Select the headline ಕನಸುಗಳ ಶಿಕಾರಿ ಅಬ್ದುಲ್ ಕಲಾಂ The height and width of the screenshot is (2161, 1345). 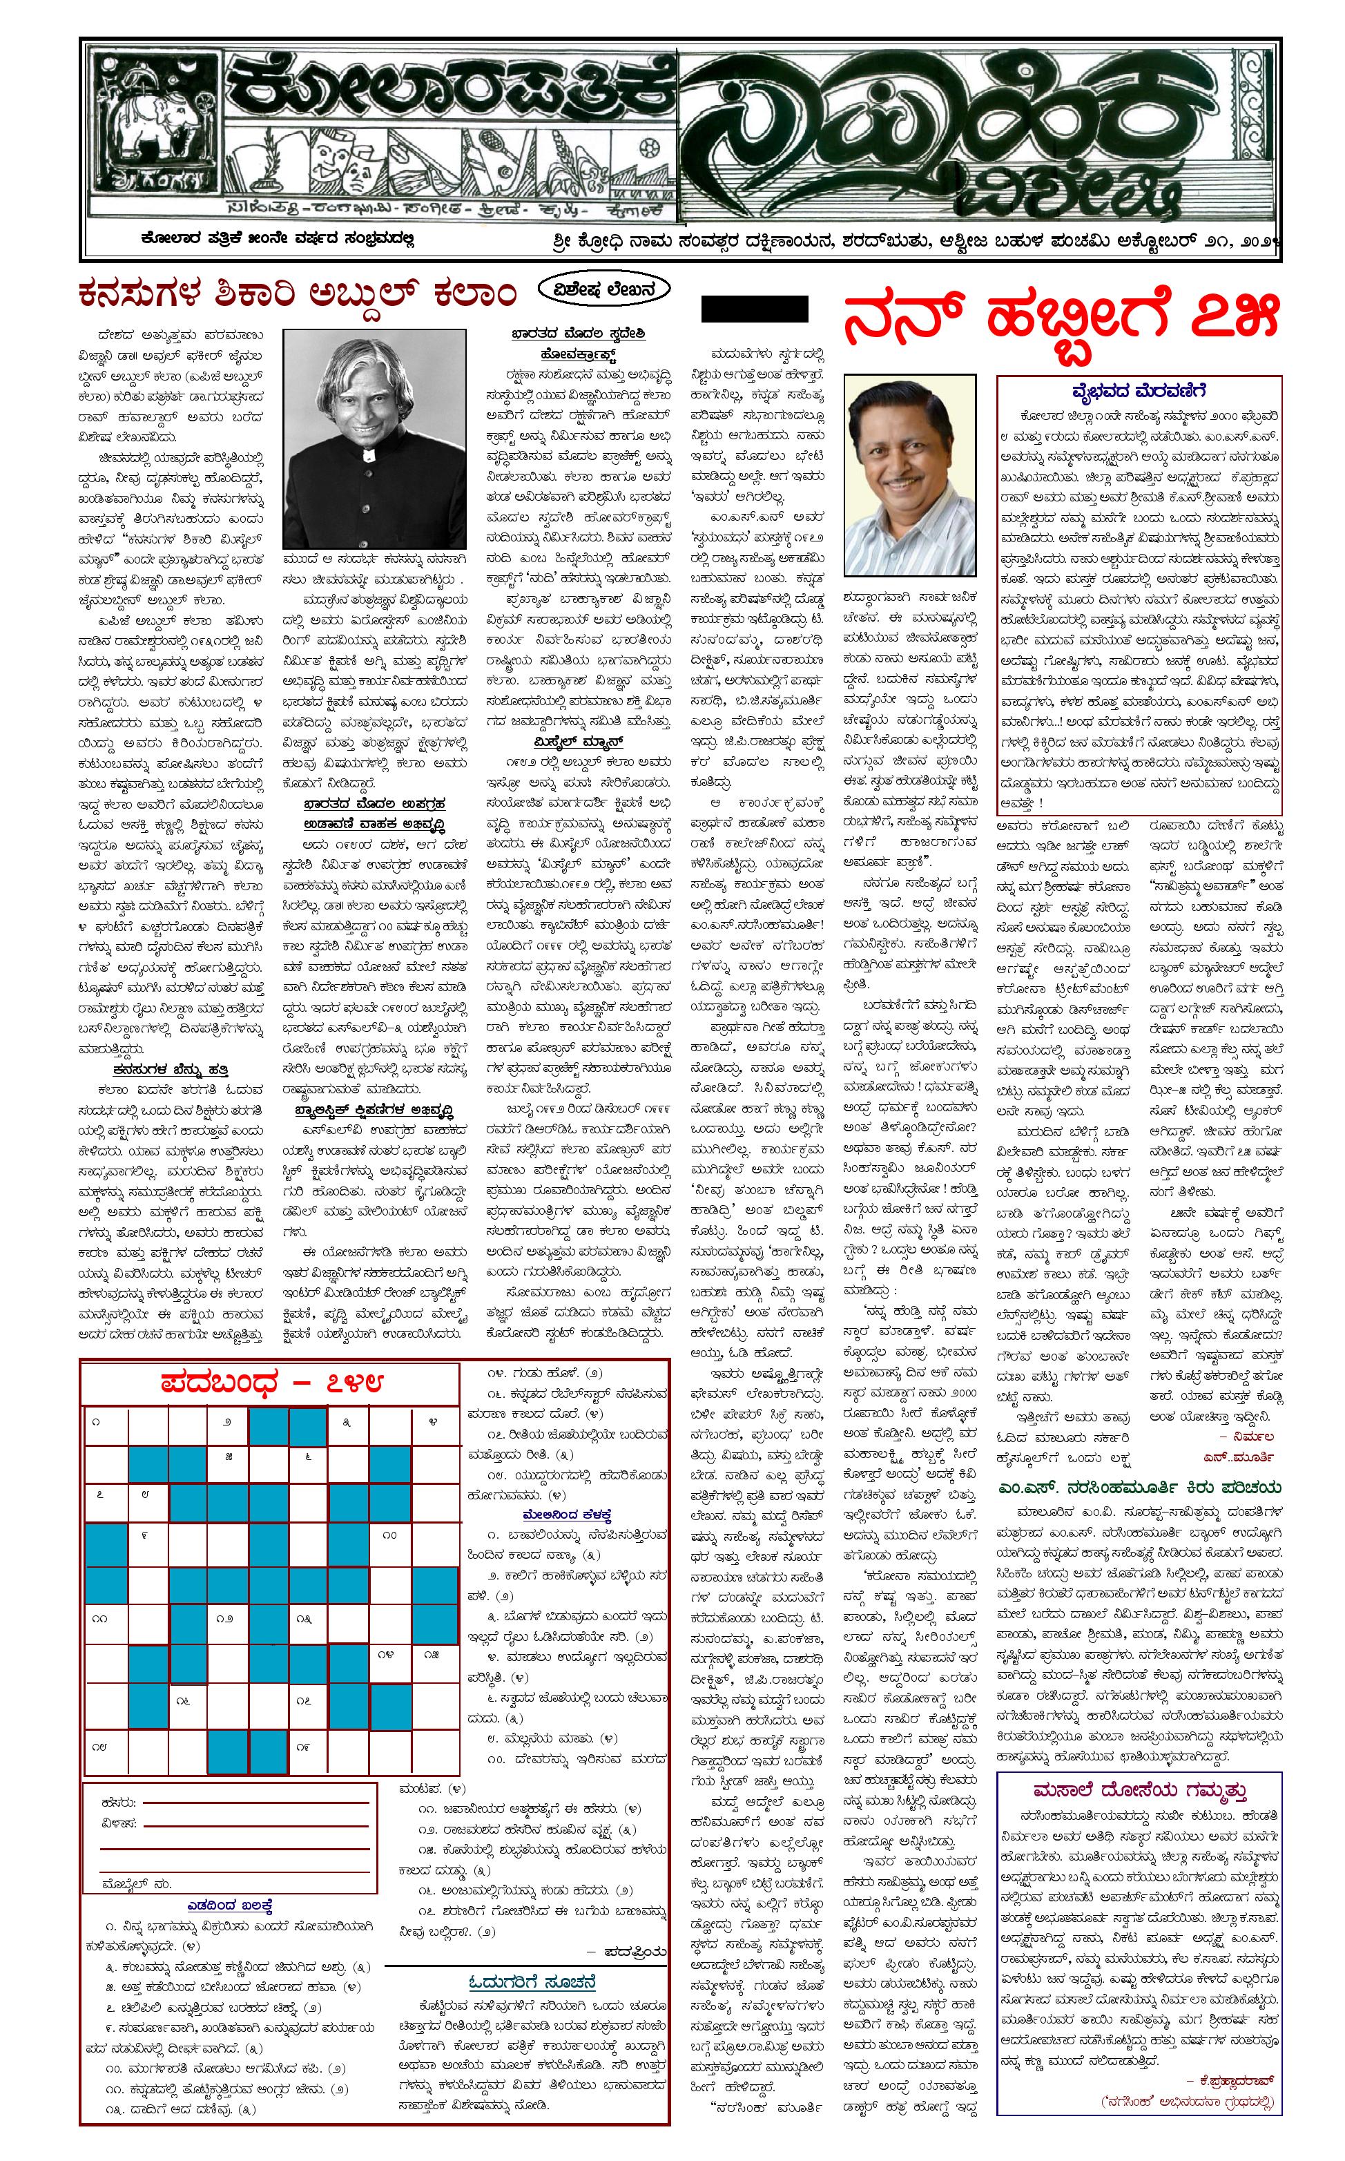tap(299, 293)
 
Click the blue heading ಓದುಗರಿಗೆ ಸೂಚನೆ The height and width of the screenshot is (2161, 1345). tap(532, 1899)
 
